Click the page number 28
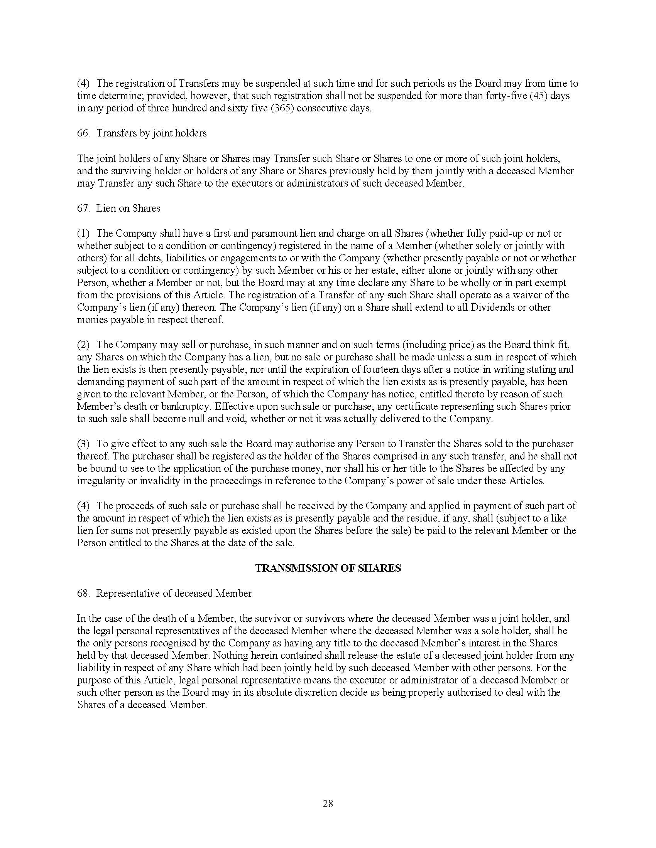point(328,803)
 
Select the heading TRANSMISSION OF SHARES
point(328,568)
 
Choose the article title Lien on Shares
point(128,208)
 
